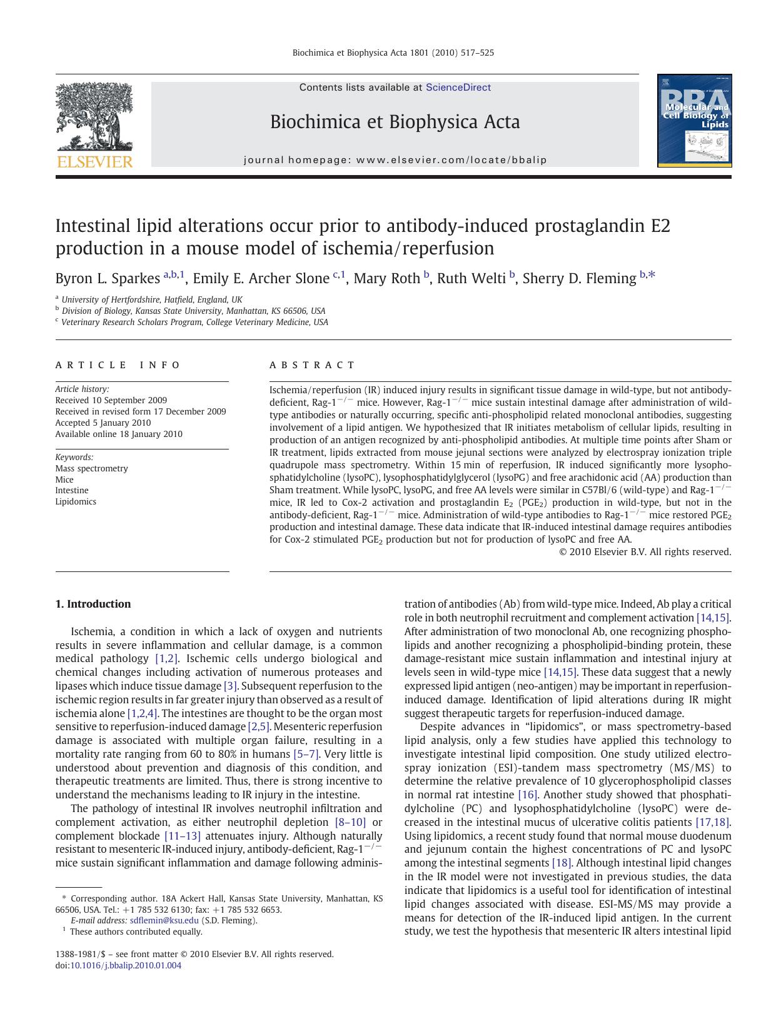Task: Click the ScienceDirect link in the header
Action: click(458, 88)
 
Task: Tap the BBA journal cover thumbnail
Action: click(694, 121)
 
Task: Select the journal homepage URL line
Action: click(395, 160)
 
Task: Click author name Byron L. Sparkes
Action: click(108, 279)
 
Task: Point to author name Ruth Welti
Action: click(471, 279)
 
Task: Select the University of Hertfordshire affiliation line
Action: click(151, 299)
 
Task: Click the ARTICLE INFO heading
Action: click(118, 365)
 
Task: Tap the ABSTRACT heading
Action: click(312, 365)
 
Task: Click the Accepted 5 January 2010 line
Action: click(103, 423)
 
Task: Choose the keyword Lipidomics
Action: click(76, 501)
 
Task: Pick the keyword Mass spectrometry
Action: click(91, 468)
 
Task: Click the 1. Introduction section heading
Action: click(93, 604)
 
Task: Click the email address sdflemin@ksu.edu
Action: click(164, 920)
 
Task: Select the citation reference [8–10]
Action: click(350, 822)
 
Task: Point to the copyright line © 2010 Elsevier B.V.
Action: click(645, 552)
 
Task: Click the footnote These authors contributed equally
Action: click(136, 931)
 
